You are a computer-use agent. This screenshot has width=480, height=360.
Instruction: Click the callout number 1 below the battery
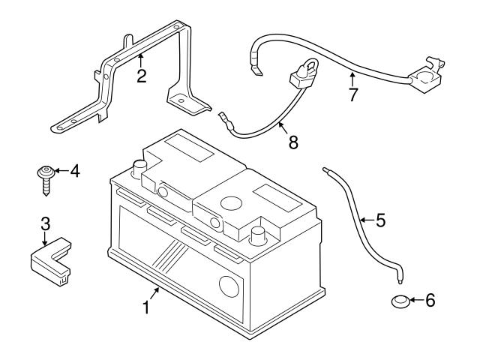tap(147, 307)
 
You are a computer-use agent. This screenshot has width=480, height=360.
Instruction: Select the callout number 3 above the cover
tap(45, 223)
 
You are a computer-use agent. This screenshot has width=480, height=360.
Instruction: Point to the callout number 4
tap(74, 172)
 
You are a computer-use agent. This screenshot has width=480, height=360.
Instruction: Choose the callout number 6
tap(429, 301)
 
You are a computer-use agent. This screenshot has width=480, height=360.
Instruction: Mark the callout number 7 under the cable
tap(352, 95)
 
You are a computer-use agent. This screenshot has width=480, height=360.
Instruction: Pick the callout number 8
tap(292, 141)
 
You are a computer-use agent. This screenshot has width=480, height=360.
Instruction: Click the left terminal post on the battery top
tap(139, 166)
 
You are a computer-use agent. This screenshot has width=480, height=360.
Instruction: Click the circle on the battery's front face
tap(226, 286)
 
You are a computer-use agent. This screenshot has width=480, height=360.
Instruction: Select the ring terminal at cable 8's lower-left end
tap(223, 117)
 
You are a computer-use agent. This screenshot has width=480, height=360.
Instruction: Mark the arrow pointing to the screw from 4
tap(59, 172)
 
